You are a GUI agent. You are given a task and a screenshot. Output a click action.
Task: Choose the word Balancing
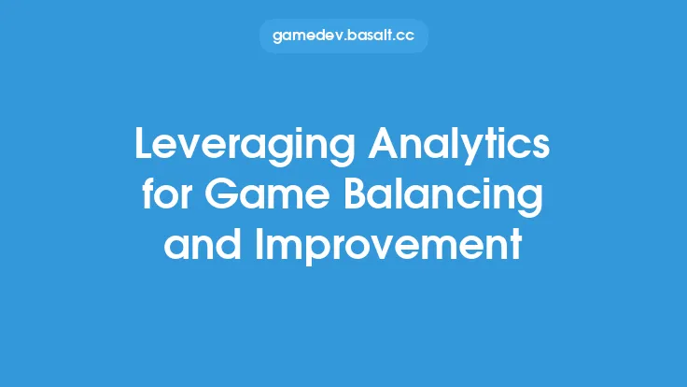435,196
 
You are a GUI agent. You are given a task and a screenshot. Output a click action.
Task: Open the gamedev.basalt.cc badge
343,36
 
